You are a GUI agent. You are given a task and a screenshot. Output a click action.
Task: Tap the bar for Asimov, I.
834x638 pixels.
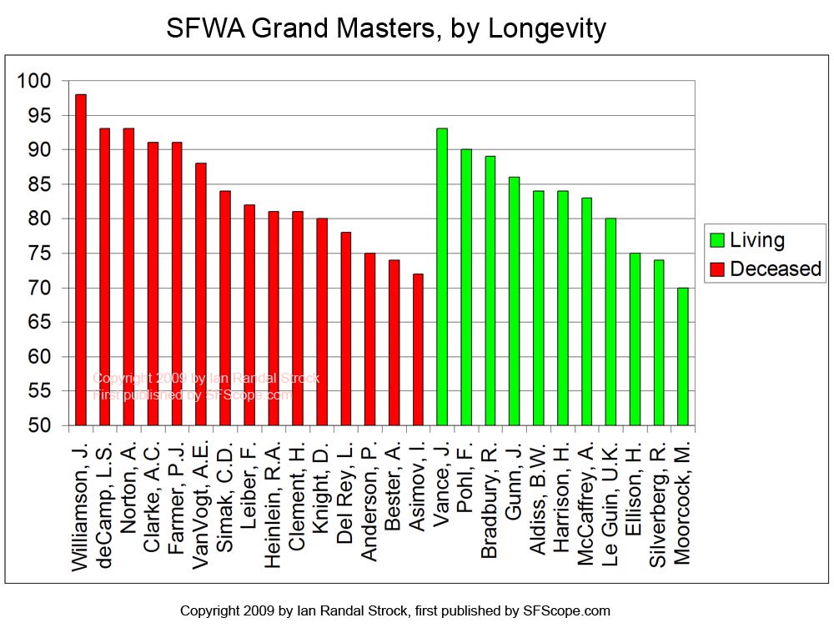[x=418, y=350]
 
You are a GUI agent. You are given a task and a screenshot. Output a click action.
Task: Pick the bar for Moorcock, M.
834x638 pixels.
[x=682, y=357]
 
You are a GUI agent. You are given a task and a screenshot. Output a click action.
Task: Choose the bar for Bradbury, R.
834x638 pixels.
[x=490, y=291]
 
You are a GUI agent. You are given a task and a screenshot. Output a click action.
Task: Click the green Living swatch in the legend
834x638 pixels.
[x=716, y=241]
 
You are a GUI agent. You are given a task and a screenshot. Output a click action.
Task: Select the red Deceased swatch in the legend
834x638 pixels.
[x=716, y=269]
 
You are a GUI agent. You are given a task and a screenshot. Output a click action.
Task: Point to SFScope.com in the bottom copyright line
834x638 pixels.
[x=566, y=610]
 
